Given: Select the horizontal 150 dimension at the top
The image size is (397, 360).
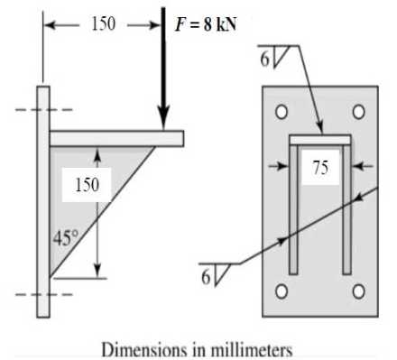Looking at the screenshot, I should point(103,24).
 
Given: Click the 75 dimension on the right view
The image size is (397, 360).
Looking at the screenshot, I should point(319,169).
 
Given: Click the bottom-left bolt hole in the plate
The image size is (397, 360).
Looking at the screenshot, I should point(282,291).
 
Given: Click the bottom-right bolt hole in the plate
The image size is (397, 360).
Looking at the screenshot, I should point(358,291).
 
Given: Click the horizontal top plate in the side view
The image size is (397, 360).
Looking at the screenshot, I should point(117,137).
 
